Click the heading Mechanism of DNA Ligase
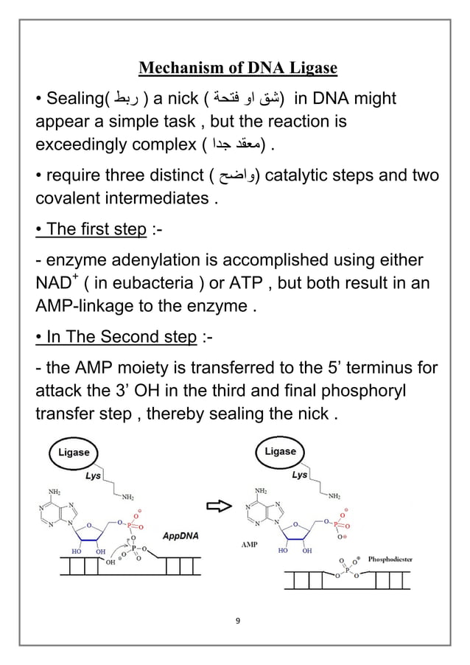pos(238,69)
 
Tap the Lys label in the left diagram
pos(93,476)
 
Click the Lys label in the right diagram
pos(299,476)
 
